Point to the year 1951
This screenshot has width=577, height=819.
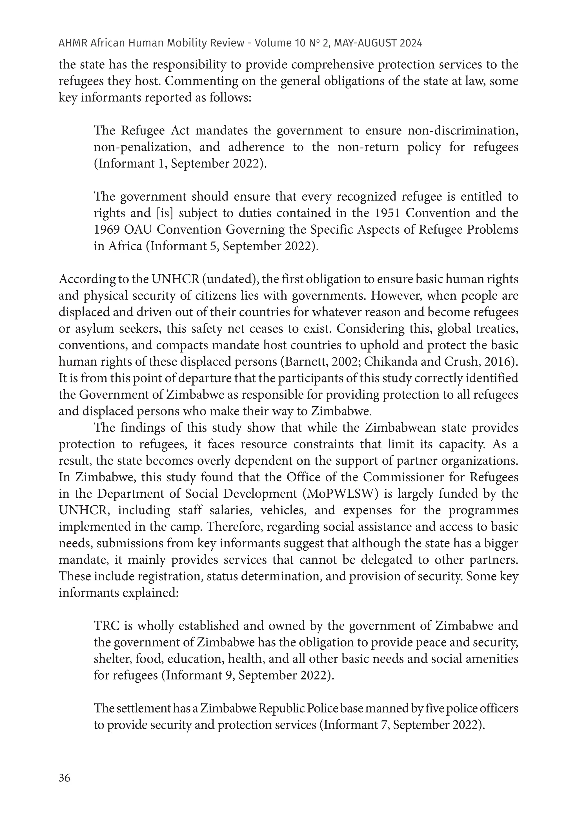click(x=385, y=213)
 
